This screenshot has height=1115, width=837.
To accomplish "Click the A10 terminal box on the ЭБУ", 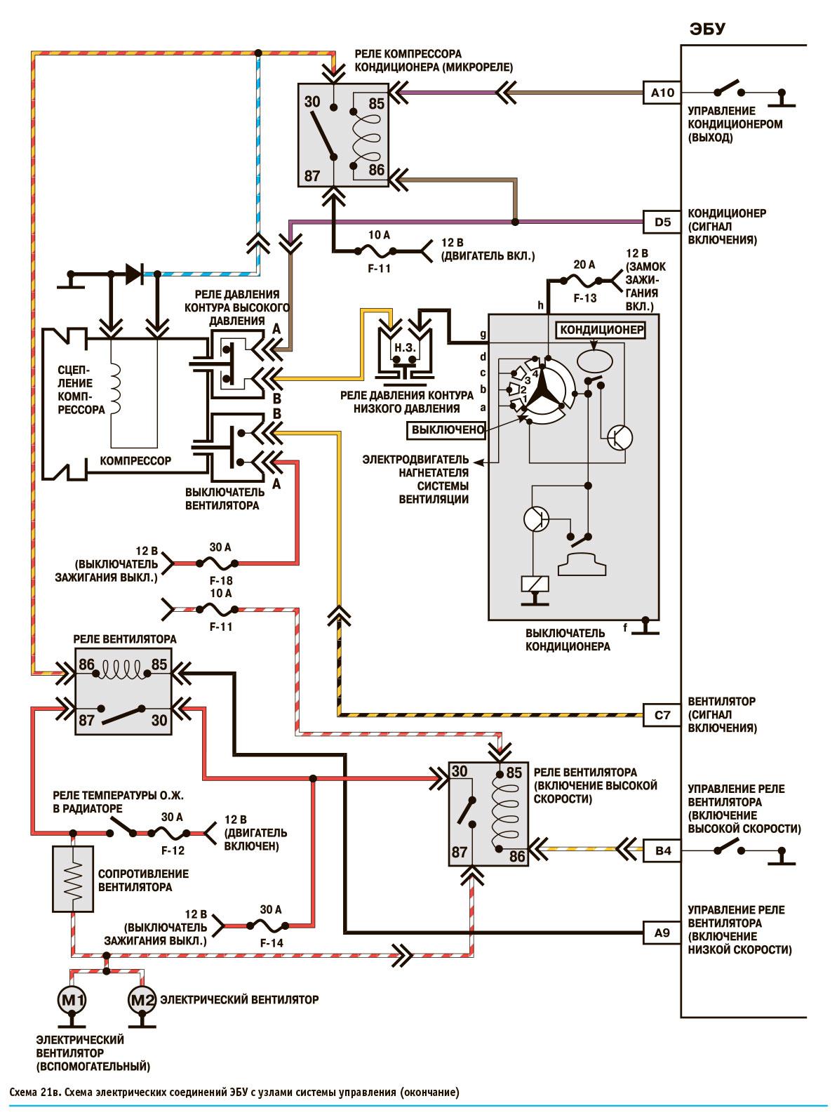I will [662, 92].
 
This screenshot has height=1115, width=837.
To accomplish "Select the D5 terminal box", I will [662, 223].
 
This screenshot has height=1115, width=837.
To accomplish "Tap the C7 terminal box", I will [662, 716].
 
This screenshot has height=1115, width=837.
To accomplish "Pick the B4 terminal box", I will [662, 851].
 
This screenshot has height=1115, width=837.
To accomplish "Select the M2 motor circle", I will [142, 999].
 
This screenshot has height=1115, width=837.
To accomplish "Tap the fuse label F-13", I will [584, 298].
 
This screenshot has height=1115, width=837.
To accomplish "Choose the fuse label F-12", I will [172, 850].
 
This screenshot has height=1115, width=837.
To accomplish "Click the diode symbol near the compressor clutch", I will [133, 274].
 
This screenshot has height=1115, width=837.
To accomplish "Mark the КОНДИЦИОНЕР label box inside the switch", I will [600, 328].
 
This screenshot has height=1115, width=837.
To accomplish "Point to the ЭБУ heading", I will [707, 29].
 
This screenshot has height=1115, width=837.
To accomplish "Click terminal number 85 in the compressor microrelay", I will [377, 104].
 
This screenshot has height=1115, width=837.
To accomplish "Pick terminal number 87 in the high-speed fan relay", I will [460, 853].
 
